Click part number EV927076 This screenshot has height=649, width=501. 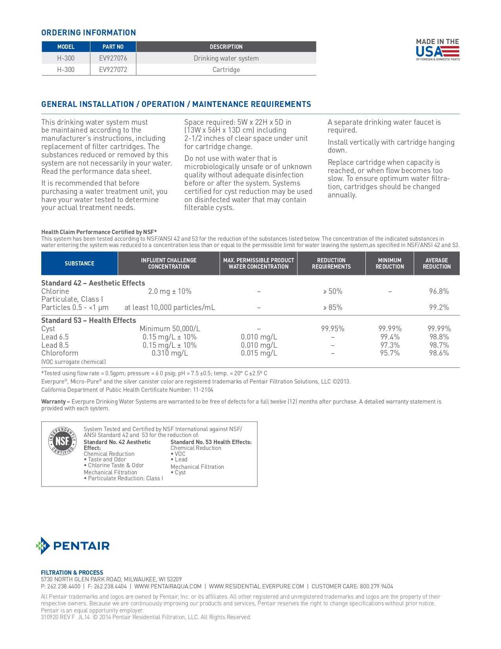(x=113, y=58)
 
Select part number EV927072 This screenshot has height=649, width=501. (x=113, y=70)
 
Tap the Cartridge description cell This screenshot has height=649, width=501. (x=226, y=70)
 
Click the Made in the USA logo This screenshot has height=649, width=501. (x=437, y=50)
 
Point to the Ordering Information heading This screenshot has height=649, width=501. (x=88, y=33)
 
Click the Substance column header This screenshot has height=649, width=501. (x=79, y=264)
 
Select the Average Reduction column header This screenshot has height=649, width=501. (x=437, y=264)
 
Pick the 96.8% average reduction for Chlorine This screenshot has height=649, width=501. (x=439, y=291)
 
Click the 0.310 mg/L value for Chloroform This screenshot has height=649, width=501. (x=170, y=353)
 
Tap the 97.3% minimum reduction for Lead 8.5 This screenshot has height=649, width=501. (x=389, y=345)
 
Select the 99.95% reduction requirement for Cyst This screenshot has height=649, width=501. (x=332, y=329)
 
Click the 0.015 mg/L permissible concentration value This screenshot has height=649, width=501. (x=259, y=353)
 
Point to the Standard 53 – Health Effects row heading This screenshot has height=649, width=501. (x=88, y=321)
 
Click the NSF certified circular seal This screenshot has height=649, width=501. (x=62, y=441)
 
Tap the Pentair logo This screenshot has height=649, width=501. (x=73, y=546)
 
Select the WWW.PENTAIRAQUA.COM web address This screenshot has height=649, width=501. (x=168, y=586)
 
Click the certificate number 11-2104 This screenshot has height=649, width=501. (x=203, y=390)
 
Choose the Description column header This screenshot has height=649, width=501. (x=226, y=47)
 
